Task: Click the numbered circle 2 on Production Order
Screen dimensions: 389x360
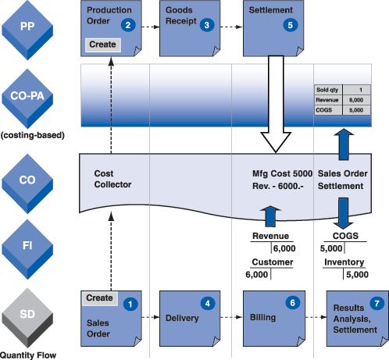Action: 128,25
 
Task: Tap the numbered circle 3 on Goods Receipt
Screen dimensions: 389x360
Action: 207,25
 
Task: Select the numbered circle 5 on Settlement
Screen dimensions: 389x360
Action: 291,25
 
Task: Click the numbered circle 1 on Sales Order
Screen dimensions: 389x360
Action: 130,304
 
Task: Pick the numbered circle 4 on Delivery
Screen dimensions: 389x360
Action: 208,304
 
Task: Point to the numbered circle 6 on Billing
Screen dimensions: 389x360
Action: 293,302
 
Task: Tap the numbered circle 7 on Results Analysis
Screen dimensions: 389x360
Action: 377,303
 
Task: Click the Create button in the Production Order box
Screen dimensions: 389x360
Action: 103,45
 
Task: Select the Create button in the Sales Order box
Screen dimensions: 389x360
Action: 100,298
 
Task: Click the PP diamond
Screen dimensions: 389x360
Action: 27,30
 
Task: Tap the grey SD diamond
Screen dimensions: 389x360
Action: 27,318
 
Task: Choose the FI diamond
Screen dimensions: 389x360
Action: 27,249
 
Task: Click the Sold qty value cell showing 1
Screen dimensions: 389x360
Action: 356,90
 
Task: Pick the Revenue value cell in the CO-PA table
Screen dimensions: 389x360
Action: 356,100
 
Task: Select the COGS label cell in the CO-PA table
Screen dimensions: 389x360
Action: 328,110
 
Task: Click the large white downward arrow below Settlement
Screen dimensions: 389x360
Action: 276,104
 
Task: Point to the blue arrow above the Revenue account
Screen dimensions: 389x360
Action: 270,216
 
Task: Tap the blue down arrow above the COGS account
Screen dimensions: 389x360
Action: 343,213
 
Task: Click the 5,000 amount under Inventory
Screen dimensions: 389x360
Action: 357,274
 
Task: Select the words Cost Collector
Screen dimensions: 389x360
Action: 112,179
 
